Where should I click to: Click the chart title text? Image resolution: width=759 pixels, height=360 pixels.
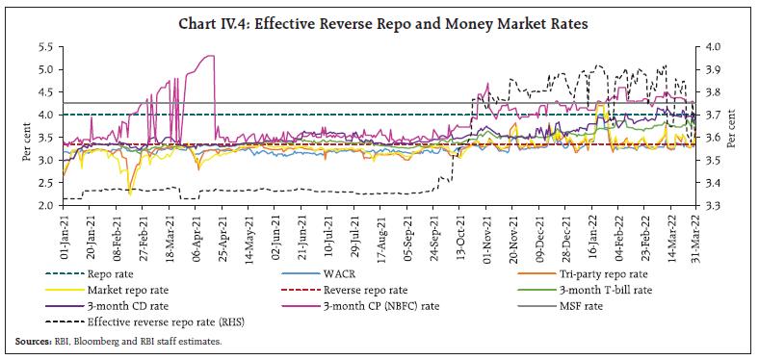[379, 13]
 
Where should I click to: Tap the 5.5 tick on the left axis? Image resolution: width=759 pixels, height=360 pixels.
[45, 46]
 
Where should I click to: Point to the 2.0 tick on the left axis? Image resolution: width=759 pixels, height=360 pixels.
[45, 205]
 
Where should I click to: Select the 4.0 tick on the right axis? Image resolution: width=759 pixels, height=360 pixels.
[714, 46]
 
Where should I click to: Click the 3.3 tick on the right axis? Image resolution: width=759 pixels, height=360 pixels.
[714, 205]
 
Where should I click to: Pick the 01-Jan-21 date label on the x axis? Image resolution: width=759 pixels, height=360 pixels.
[64, 234]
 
